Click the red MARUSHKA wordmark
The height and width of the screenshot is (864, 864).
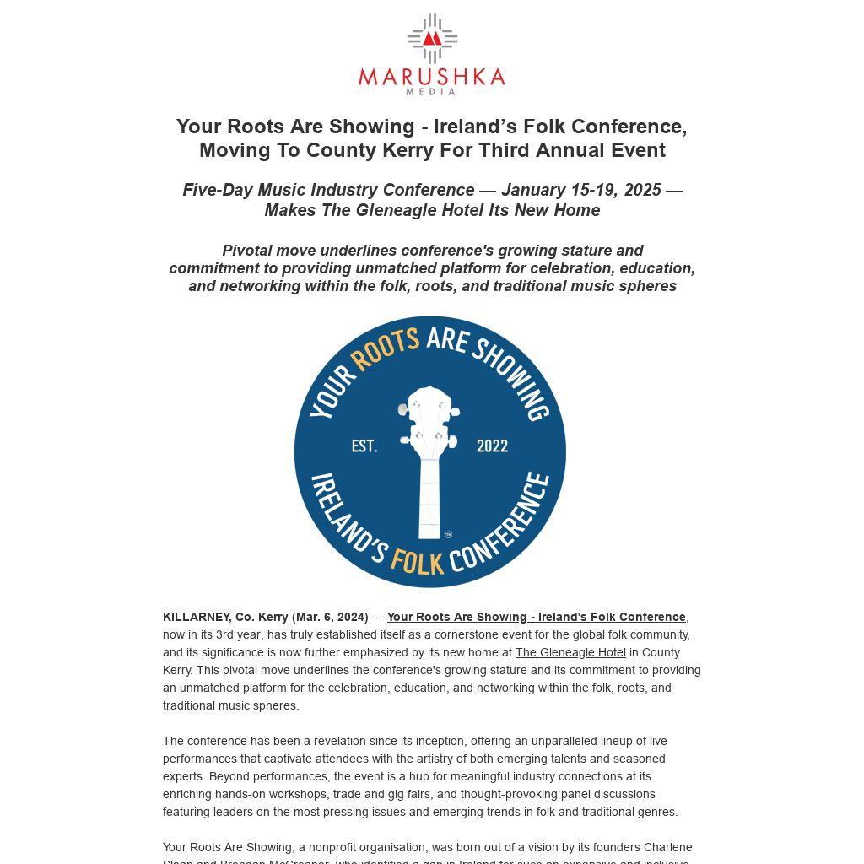431,78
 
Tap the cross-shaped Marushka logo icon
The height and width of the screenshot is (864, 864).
432,38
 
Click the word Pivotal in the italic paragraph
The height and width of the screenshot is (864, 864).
247,251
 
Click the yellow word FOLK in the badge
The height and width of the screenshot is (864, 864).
417,560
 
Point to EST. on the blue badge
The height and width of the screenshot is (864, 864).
364,445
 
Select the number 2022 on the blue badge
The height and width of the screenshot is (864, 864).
492,445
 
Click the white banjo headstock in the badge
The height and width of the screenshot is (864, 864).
429,422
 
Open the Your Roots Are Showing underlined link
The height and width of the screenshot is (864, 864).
536,617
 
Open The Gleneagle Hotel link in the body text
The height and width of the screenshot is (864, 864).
570,652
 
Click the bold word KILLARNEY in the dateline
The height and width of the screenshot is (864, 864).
196,617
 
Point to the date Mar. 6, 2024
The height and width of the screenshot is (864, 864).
331,617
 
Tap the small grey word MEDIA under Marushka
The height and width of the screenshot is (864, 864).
431,91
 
